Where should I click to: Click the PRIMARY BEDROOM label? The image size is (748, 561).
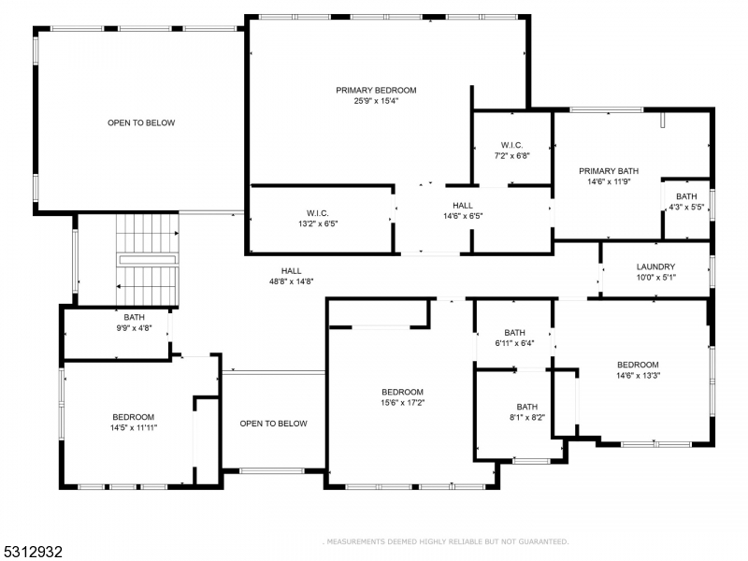[376, 90]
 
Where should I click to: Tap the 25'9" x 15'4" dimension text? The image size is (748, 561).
[376, 101]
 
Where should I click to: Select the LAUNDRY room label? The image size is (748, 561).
[656, 266]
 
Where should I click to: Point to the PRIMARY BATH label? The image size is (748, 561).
[609, 171]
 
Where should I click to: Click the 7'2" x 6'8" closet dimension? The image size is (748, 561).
[511, 155]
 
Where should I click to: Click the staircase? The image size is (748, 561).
[148, 260]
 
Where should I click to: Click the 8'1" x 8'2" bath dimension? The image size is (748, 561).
[527, 417]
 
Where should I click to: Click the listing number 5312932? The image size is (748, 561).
[32, 552]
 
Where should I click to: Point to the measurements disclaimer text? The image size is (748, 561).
[446, 542]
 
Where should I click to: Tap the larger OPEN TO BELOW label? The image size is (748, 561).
[141, 122]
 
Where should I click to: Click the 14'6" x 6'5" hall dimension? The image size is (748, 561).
[463, 216]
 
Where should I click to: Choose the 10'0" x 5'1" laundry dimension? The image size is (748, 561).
[656, 277]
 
